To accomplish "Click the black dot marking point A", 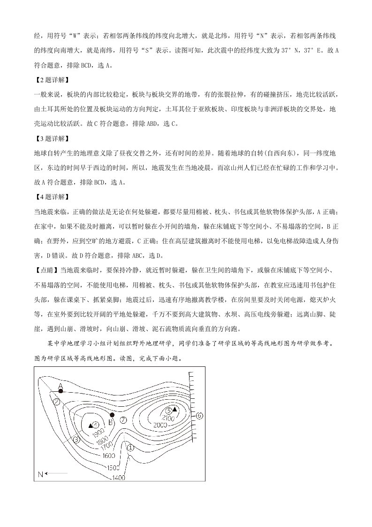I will point(61,391).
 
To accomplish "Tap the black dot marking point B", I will point(112,415).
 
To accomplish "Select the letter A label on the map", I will point(60,385).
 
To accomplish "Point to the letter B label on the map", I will point(110,422).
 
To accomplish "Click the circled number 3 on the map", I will point(77,440).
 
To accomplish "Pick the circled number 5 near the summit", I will point(169,410).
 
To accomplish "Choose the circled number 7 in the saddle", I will point(123,419).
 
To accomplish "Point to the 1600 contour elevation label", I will point(108,456).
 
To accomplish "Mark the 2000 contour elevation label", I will point(160,425).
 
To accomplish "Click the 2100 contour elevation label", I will point(167,418).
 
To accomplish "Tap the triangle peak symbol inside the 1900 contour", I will point(90,425).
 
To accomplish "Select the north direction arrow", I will point(52,474).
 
